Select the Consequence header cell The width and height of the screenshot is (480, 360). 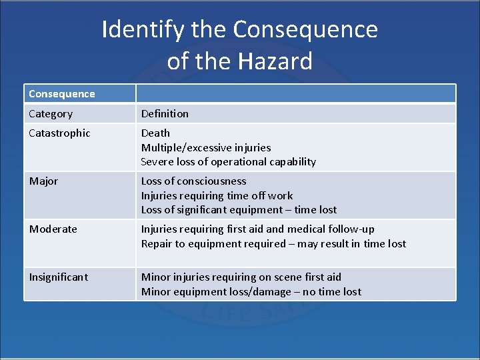tap(62, 94)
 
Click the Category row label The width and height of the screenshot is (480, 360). tap(51, 114)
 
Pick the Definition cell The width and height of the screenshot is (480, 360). tap(165, 114)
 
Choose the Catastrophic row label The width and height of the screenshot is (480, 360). tap(59, 133)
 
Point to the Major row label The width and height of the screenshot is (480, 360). tap(44, 181)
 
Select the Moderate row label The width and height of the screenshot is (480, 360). tap(53, 229)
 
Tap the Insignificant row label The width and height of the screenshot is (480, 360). tap(59, 277)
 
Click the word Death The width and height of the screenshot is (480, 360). tap(155, 133)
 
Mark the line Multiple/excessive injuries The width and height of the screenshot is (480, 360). tap(206, 147)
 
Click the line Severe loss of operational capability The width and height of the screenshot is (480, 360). tap(228, 162)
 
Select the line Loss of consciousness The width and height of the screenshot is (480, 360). tap(193, 181)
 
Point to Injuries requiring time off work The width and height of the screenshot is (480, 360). tap(217, 196)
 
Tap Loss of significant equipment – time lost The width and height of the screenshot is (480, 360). tap(239, 210)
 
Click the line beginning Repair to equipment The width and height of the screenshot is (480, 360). tap(273, 244)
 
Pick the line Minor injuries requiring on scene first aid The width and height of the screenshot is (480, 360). tap(241, 277)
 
